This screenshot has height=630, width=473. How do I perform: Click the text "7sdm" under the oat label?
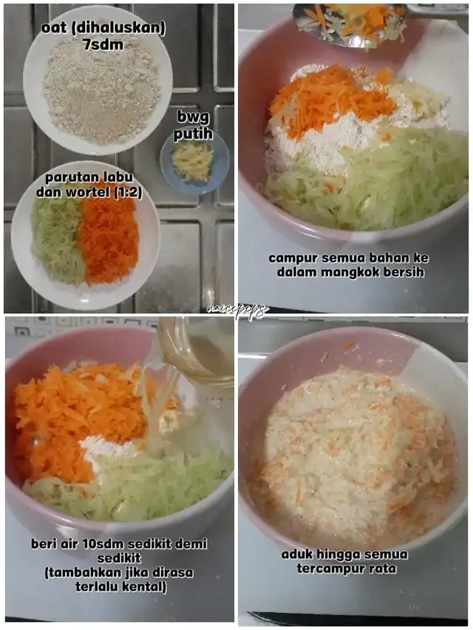103,45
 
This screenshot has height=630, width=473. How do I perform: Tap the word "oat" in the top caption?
52,29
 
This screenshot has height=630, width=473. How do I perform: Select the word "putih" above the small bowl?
193,134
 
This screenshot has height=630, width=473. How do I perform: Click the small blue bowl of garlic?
194,161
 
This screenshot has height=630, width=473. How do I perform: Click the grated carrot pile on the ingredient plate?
108,240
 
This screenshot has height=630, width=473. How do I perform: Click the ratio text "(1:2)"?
128,193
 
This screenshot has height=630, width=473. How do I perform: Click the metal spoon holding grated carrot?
349,25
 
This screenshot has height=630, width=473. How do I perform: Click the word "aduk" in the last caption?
297,555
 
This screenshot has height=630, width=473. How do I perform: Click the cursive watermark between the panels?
237,310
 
